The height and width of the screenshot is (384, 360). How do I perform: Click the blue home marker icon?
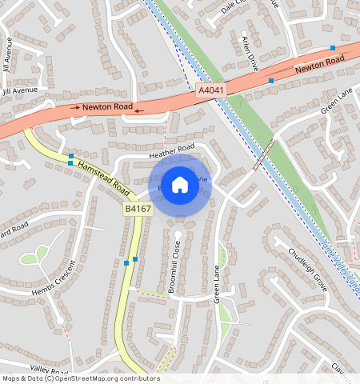click(180, 186)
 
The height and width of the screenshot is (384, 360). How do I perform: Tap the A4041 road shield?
click(210, 92)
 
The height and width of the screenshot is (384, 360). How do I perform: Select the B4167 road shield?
click(138, 209)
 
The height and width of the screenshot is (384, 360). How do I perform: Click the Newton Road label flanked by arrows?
click(106, 106)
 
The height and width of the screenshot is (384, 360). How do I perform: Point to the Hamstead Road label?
click(105, 174)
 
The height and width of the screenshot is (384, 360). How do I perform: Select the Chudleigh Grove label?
click(308, 267)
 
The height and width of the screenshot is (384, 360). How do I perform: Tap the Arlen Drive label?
click(249, 52)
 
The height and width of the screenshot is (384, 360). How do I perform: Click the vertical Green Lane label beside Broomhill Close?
click(216, 284)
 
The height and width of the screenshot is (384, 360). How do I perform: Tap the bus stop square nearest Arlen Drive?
click(271, 81)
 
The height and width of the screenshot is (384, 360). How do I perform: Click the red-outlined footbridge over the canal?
click(264, 154)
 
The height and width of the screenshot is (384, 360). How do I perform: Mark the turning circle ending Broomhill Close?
click(178, 234)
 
